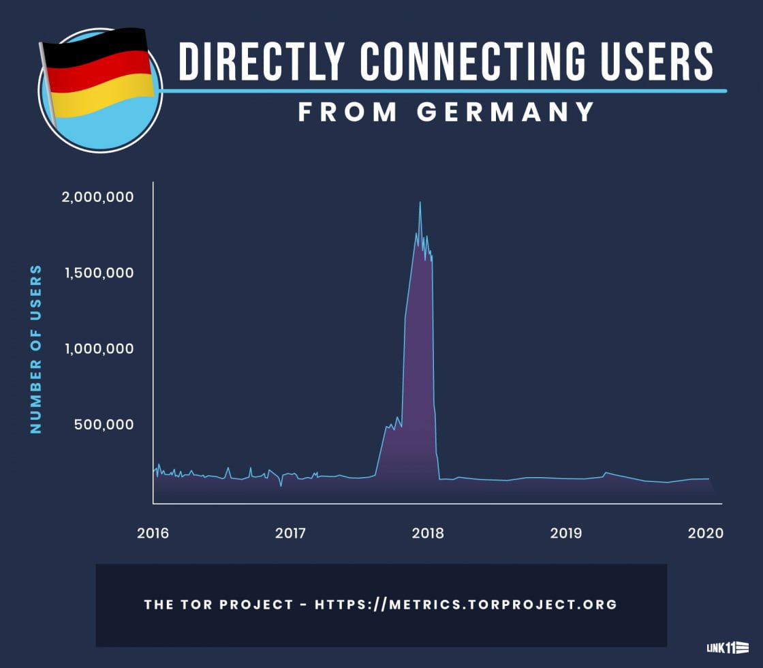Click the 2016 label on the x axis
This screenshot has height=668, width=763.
153,532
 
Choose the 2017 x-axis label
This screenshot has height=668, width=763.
290,532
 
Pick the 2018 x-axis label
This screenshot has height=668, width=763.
428,532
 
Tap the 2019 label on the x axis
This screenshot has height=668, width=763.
566,532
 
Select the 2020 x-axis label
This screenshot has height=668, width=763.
705,532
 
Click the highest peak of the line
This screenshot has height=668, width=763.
420,202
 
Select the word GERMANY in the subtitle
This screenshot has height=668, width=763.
507,112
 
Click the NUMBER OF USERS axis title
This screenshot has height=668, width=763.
36,349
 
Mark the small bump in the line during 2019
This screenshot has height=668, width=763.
606,472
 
